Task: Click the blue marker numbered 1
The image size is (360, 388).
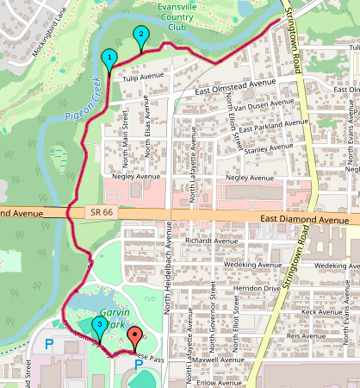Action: [x=109, y=58]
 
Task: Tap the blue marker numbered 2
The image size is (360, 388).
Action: [x=140, y=35]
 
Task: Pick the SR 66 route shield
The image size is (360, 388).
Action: [x=96, y=210]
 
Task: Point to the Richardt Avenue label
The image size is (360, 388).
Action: [x=205, y=243]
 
